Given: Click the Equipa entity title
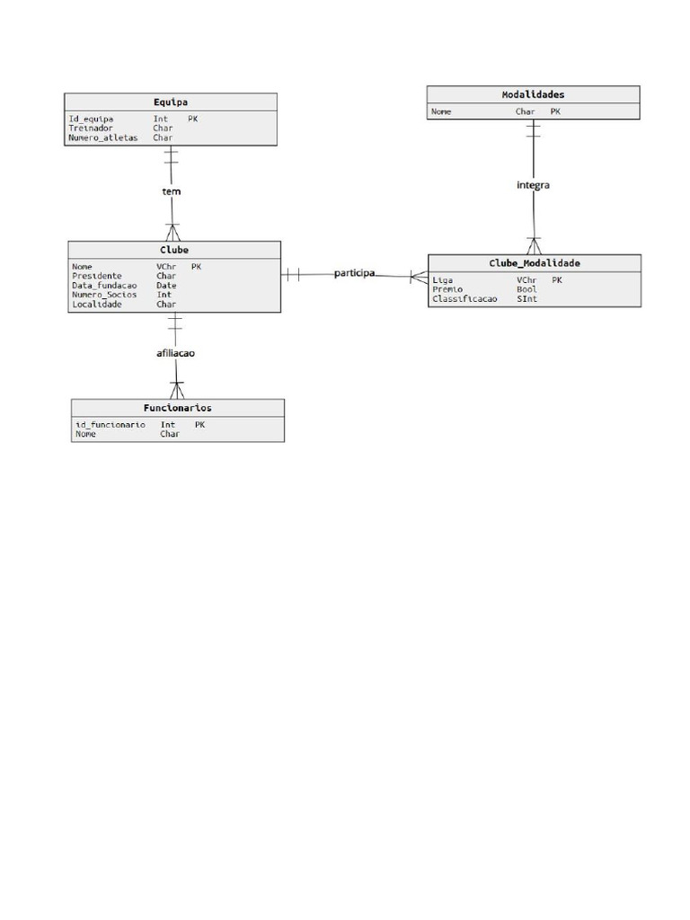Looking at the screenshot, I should pos(170,102).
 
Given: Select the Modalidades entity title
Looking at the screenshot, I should pos(533,94).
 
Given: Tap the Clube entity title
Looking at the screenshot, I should pos(173,250).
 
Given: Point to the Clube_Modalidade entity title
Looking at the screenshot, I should pos(535,263).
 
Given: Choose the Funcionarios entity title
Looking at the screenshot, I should pos(177,408).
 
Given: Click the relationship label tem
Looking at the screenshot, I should pos(171,191).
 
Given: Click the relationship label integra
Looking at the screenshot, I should pos(533,185).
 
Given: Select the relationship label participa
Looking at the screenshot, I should pos(354,272).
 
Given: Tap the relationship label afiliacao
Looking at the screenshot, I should pos(175,353).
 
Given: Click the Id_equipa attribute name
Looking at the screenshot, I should pos(91,119).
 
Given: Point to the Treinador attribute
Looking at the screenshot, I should pos(91,128).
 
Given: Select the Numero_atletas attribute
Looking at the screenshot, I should pos(103,138).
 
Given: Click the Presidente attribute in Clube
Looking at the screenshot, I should pos(97,276).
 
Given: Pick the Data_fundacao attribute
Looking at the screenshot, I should pos(104,286).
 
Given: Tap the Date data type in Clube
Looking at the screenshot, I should pos(166,286).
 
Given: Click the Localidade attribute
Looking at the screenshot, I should pos(97,305).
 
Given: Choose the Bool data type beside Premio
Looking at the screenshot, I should pos(526,289).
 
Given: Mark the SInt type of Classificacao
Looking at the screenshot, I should pos(526,299).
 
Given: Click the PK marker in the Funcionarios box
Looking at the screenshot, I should pos(199,425).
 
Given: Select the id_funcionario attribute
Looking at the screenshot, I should pos(111,425).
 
